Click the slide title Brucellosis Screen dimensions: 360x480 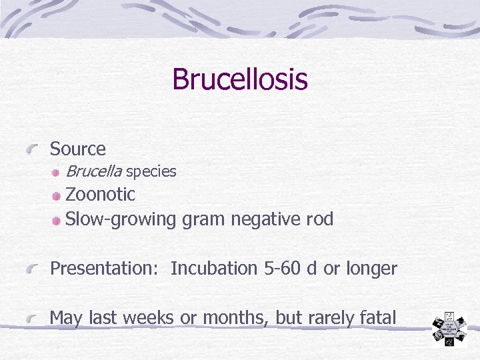239,79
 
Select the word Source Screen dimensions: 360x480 77,149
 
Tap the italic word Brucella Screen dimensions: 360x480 93,171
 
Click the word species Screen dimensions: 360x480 151,172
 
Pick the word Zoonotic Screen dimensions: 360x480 100,195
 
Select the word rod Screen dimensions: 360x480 319,219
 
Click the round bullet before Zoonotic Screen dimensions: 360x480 58,195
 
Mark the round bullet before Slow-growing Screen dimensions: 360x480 58,219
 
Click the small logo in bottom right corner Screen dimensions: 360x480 450,329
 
